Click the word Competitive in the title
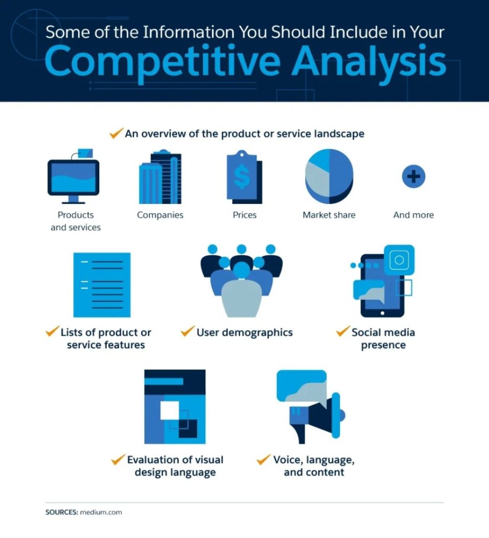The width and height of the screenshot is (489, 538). click(162, 63)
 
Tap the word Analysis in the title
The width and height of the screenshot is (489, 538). click(369, 63)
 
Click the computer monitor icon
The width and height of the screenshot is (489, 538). click(74, 177)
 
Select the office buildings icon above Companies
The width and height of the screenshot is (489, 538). click(160, 177)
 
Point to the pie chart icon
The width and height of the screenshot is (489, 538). click(329, 177)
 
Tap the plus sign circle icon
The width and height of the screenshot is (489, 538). click(413, 177)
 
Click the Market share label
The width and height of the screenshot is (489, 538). click(329, 215)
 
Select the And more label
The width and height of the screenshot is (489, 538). click(413, 215)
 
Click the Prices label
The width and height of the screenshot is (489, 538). click(245, 215)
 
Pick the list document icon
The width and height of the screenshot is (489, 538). click(102, 285)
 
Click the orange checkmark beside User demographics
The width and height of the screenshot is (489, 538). click(188, 331)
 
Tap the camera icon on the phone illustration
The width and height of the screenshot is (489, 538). click(399, 260)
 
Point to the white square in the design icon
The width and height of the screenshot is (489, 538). click(170, 410)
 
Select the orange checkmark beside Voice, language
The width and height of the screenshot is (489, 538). click(264, 459)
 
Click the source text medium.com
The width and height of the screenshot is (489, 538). click(101, 512)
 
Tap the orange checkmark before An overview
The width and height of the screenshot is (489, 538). click(116, 133)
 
